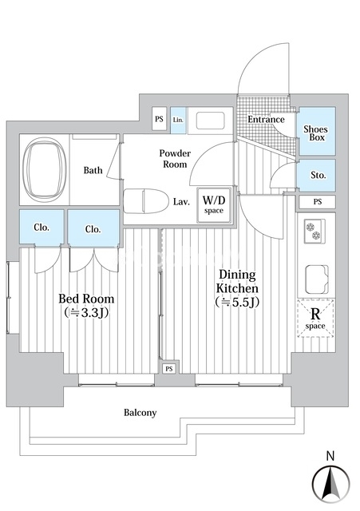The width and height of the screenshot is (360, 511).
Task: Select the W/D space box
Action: tap(214, 205)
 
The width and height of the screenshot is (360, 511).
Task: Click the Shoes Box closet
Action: tap(317, 131)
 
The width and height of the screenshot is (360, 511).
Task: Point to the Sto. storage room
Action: tap(317, 176)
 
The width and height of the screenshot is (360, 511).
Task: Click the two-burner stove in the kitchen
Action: tap(315, 231)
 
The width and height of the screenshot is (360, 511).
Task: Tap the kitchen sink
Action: tap(316, 279)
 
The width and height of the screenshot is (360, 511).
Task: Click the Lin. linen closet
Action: tap(178, 121)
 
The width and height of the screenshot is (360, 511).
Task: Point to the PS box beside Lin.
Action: tap(160, 119)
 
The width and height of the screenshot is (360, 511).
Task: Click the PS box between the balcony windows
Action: tap(168, 369)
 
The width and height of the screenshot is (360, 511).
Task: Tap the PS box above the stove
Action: tap(318, 202)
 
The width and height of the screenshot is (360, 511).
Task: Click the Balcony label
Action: tap(140, 413)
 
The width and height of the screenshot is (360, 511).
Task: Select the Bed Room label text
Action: tap(86, 299)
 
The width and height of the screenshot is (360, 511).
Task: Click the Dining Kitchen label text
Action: tap(238, 282)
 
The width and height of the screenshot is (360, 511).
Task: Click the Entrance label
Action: tap(266, 119)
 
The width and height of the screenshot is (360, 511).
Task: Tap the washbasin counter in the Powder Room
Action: tap(211, 121)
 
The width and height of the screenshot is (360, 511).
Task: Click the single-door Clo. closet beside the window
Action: tap(42, 227)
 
